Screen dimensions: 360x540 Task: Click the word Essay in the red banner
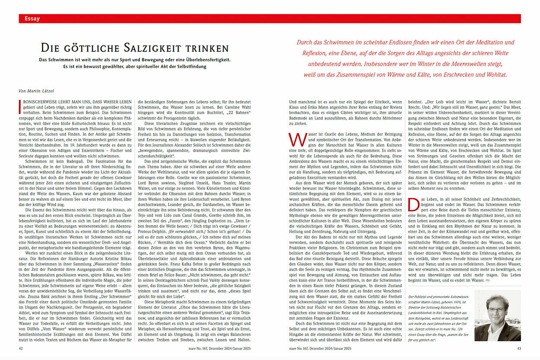32,19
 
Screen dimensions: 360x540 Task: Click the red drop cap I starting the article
21,106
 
